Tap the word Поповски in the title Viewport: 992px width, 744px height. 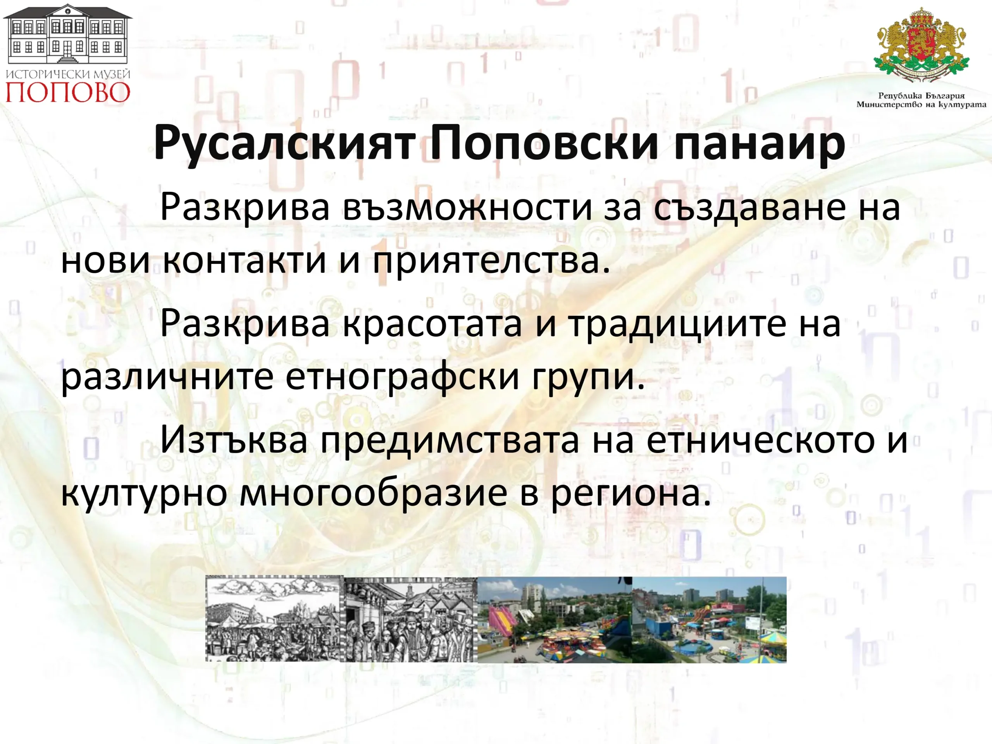544,143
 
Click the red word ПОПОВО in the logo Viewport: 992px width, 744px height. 68,92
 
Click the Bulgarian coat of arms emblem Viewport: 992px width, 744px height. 921,45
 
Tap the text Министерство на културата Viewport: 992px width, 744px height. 921,105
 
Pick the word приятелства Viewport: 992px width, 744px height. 491,261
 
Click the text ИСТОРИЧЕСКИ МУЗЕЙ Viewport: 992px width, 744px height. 68,74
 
